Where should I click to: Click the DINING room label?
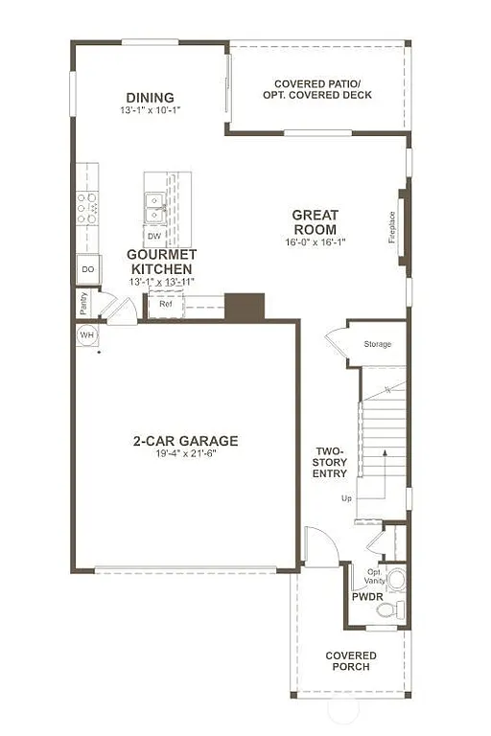(x=150, y=97)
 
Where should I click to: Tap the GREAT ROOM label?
(x=315, y=222)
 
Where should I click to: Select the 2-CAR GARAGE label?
(x=185, y=441)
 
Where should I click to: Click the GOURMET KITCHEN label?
(x=162, y=262)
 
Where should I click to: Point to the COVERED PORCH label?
(x=351, y=662)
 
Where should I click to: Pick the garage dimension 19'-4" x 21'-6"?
(x=185, y=453)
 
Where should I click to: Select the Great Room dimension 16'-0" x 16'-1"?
(x=315, y=242)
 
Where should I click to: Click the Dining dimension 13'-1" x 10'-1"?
(x=150, y=110)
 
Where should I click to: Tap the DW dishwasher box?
(x=153, y=235)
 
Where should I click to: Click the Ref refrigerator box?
(x=165, y=304)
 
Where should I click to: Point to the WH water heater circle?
(x=86, y=335)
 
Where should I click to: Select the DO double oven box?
(x=87, y=270)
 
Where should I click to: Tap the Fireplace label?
(x=392, y=227)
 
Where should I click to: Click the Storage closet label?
(x=377, y=344)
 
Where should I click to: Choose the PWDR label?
(x=367, y=596)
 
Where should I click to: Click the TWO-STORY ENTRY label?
(x=330, y=461)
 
